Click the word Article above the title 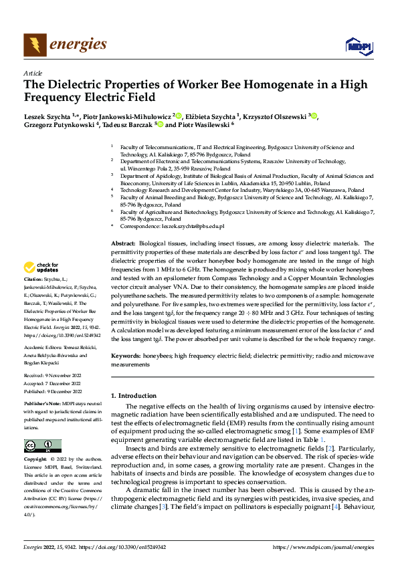pyautogui.click(x=33, y=72)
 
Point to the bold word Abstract pyautogui.click(x=124, y=243)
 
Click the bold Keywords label pyautogui.click(x=127, y=358)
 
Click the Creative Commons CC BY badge pyautogui.click(x=42, y=446)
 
